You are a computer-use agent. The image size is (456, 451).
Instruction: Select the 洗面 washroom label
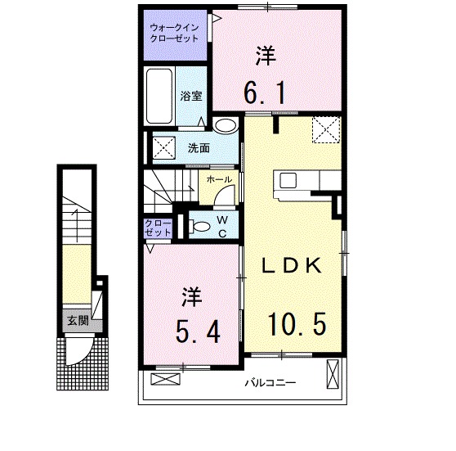point(199,148)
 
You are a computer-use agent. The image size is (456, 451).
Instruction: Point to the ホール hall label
point(217,179)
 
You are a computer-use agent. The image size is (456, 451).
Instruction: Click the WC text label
point(221,225)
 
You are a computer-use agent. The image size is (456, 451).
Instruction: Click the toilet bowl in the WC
point(194,225)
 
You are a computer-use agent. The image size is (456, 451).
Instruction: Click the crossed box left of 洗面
point(163,148)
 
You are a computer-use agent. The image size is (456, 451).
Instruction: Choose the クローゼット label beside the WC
point(159,228)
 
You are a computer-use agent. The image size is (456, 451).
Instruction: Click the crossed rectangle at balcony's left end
point(165,380)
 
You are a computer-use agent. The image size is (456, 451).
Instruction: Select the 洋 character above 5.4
point(190,295)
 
